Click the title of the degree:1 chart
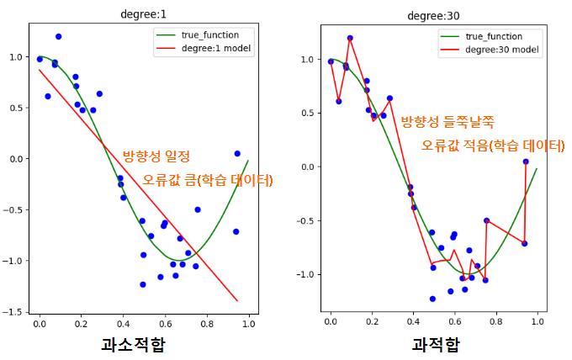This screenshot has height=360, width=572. tap(144, 13)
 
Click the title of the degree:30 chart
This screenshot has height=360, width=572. tap(432, 13)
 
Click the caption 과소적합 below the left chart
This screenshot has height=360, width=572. tap(133, 344)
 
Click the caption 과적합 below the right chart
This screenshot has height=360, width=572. tap(436, 344)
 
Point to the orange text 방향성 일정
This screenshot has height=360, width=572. tap(156, 156)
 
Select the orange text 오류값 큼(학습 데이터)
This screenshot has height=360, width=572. tap(208, 179)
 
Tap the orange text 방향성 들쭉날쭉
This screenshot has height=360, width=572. tap(447, 122)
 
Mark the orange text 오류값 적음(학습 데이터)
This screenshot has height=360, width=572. tap(493, 145)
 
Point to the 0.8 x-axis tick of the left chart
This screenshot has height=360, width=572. tap(207, 322)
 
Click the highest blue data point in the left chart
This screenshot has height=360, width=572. tap(58, 37)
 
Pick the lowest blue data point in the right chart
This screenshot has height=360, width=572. tap(432, 299)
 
